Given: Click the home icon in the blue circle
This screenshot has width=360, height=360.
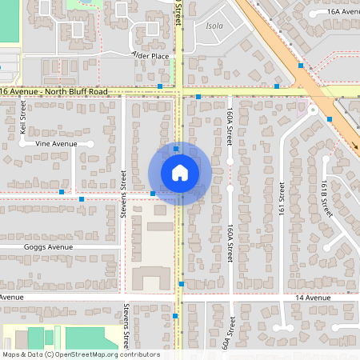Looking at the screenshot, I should (x=179, y=173).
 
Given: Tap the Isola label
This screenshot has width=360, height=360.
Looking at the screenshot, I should (x=215, y=26).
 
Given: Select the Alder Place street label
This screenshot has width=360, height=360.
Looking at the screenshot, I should (x=150, y=56).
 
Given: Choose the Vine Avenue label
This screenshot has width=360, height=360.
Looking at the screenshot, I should (x=50, y=144).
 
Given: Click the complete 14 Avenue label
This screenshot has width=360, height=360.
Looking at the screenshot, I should (x=311, y=298).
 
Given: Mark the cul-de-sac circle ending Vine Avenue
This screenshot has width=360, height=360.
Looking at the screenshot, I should (x=90, y=144).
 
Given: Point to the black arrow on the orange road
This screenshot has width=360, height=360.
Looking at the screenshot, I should (x=354, y=146).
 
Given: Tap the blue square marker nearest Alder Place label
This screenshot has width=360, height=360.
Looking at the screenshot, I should (x=161, y=86).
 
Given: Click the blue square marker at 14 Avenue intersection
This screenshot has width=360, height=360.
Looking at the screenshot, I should (x=182, y=284).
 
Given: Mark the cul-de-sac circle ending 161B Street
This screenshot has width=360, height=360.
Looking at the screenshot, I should (x=325, y=158).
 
